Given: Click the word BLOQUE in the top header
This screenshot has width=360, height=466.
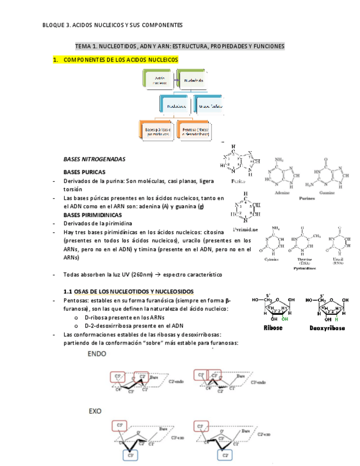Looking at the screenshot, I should click(x=53, y=25).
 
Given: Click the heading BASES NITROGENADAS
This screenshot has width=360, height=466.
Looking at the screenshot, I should click(x=95, y=159).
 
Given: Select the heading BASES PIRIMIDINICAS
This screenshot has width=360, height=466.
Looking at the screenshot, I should click(x=92, y=215).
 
